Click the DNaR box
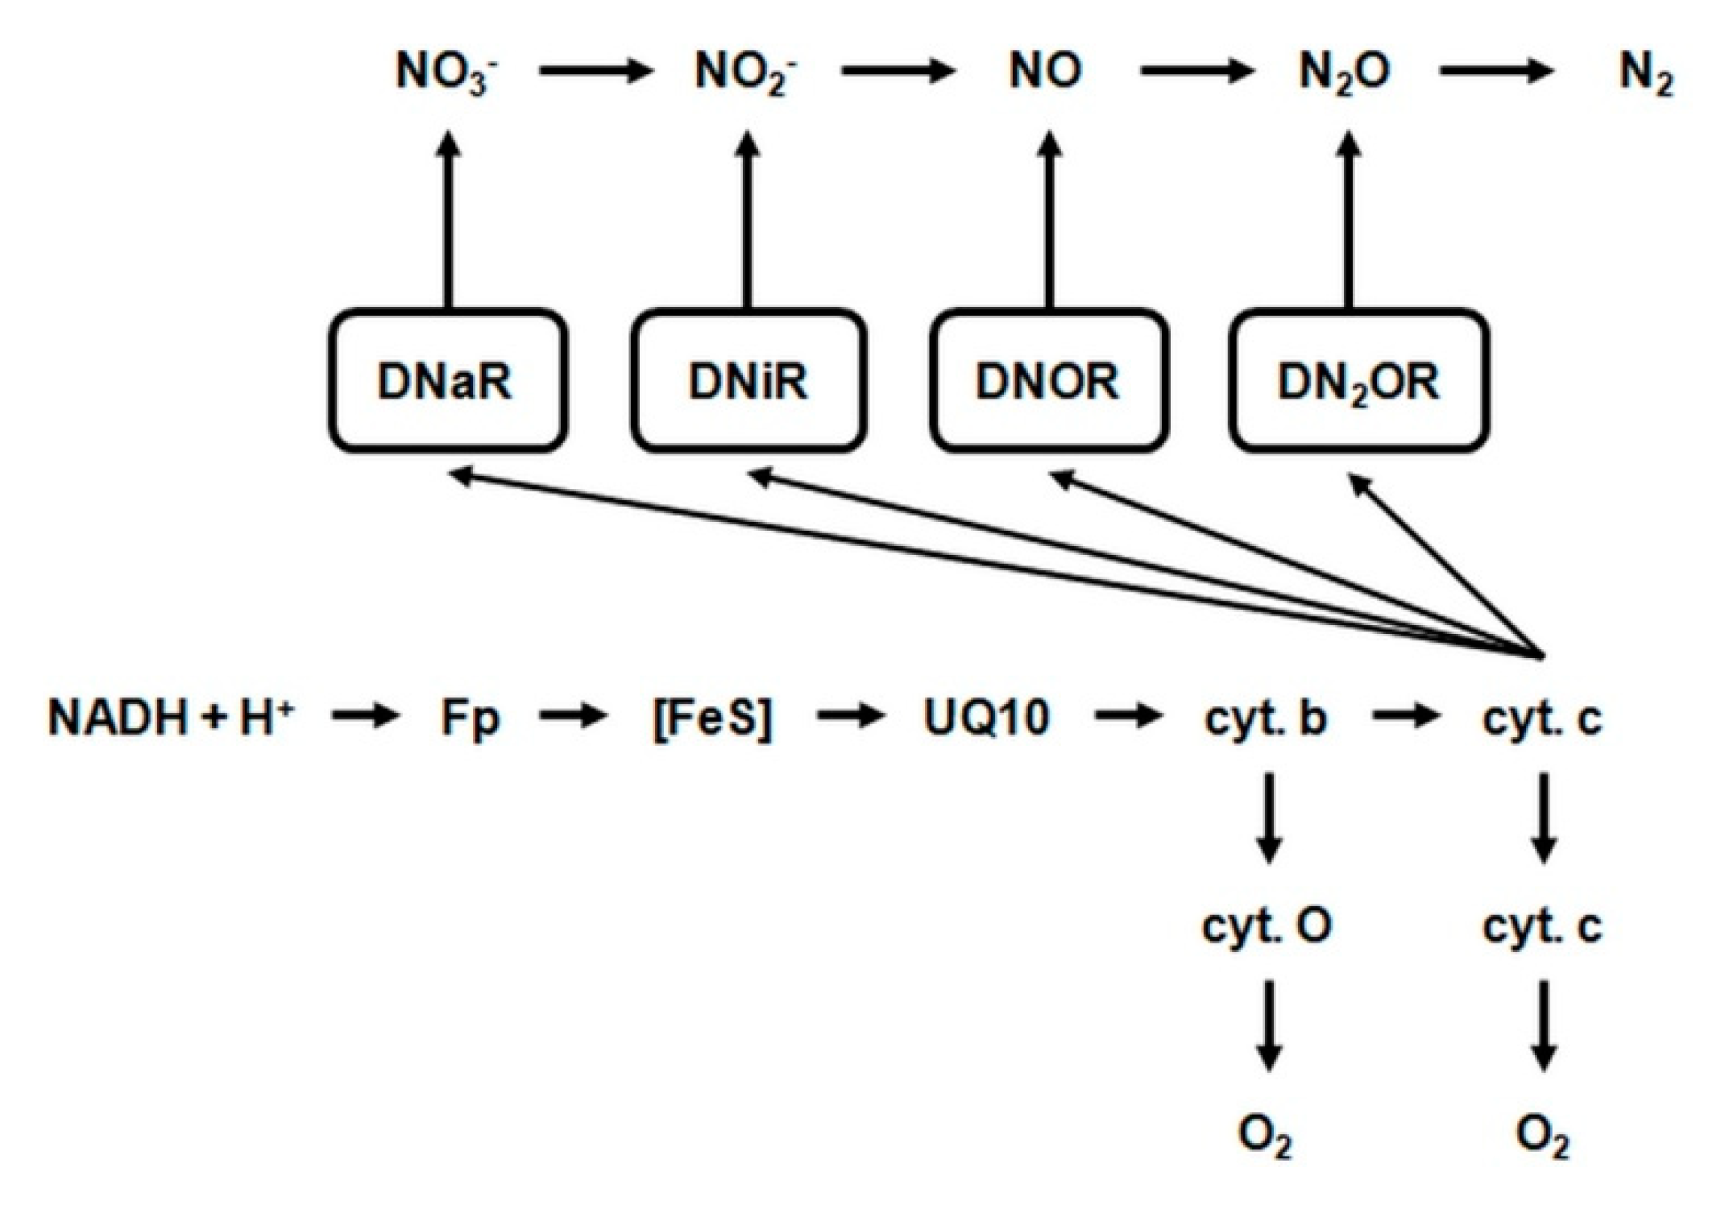pyautogui.click(x=447, y=380)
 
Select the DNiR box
pyautogui.click(x=748, y=380)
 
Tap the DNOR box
pyautogui.click(x=1048, y=380)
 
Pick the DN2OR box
pyautogui.click(x=1358, y=380)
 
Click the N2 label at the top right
pyautogui.click(x=1646, y=74)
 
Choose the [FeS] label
pyautogui.click(x=712, y=717)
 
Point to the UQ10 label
pyautogui.click(x=986, y=717)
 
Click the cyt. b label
pyautogui.click(x=1265, y=717)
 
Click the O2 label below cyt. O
pyautogui.click(x=1265, y=1136)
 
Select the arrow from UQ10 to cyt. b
pyautogui.click(x=1128, y=715)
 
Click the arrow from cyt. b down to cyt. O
pyautogui.click(x=1269, y=818)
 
